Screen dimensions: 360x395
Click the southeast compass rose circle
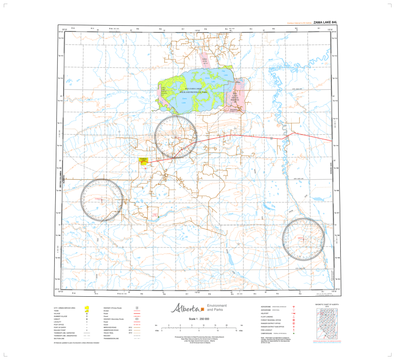(x=303, y=239)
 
